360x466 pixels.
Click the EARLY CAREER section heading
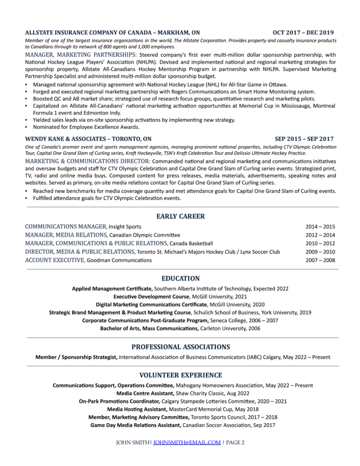click(x=180, y=216)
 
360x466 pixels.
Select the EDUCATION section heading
click(x=180, y=279)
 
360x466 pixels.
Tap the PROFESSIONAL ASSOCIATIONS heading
click(x=180, y=346)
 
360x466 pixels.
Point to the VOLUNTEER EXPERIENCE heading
click(x=180, y=375)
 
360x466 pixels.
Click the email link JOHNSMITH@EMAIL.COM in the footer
click(x=187, y=442)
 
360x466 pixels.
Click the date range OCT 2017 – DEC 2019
click(x=303, y=33)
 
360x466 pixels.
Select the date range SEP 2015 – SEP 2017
click(x=304, y=139)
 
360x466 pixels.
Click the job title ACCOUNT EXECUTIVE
click(x=55, y=260)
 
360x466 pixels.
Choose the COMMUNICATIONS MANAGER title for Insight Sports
click(x=66, y=226)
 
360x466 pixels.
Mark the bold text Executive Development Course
click(x=152, y=296)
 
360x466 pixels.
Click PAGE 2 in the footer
click(x=235, y=442)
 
